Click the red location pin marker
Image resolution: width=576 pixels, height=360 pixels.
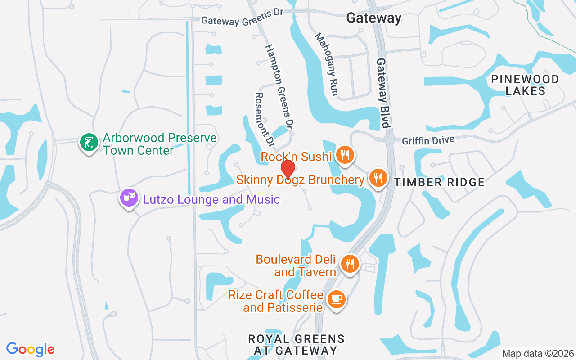288,169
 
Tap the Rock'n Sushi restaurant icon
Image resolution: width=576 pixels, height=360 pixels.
345,155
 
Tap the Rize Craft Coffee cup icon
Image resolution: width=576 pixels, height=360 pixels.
336,299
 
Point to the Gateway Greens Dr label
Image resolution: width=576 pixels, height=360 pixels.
242,17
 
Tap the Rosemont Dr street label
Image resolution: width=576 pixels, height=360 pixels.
264,120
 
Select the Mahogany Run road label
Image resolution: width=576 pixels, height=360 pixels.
326,64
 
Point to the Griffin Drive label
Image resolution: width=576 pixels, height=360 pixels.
427,141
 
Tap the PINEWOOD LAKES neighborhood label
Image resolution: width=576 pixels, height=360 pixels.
525,85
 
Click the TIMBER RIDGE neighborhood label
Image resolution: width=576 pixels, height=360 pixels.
440,182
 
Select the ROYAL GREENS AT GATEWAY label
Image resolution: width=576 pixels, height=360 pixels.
296,344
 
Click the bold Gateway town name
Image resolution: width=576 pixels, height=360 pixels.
373,18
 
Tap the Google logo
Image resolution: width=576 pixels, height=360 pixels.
31,349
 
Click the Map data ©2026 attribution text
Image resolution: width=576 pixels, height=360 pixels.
538,354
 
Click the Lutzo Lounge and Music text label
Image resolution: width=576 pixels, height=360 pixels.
211,199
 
